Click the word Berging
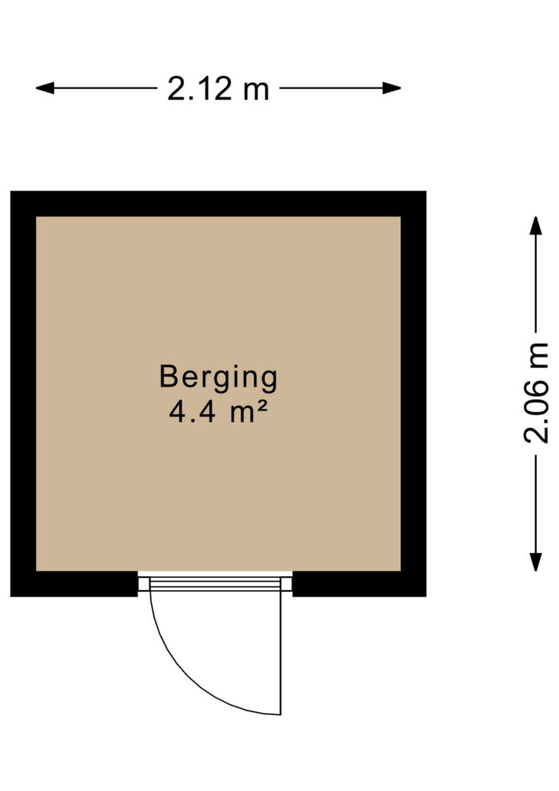click(x=219, y=379)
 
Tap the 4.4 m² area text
click(x=218, y=411)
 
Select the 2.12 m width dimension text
click(x=219, y=89)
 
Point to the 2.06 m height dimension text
click(x=536, y=393)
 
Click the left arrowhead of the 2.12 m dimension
click(x=44, y=88)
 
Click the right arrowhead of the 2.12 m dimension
click(x=391, y=88)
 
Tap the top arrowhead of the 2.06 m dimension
click(x=535, y=226)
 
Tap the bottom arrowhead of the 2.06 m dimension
click(x=535, y=562)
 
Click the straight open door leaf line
click(x=280, y=653)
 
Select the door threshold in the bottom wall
click(x=215, y=584)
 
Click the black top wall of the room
click(x=219, y=204)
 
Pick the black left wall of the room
click(x=23, y=393)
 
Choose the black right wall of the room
click(x=413, y=393)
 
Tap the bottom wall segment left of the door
click(x=74, y=584)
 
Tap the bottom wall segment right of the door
click(x=359, y=584)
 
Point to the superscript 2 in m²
click(x=261, y=406)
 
